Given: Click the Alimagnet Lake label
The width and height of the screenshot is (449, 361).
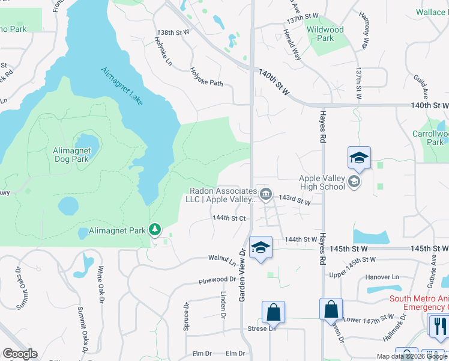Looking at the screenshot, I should click(x=122, y=87).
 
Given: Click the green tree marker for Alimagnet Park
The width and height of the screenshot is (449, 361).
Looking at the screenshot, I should click(x=155, y=229).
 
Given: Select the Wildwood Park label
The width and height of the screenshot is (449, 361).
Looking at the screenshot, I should click(x=325, y=34).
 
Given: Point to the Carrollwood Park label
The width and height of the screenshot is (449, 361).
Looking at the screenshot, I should click(x=427, y=138).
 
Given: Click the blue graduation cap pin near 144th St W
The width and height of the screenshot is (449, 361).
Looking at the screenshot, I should click(x=261, y=247).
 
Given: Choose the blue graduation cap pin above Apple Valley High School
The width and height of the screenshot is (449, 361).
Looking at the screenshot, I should click(x=359, y=158).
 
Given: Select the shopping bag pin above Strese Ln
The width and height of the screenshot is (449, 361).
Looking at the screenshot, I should click(x=273, y=312).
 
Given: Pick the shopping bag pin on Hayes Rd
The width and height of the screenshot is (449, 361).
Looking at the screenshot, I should click(x=331, y=310).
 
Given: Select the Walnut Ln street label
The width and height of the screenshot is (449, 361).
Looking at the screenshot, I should click(x=221, y=260).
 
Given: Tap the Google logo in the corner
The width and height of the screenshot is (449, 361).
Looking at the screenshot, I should click(x=20, y=354).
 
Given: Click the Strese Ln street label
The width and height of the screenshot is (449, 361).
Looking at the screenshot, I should click(x=261, y=329).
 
